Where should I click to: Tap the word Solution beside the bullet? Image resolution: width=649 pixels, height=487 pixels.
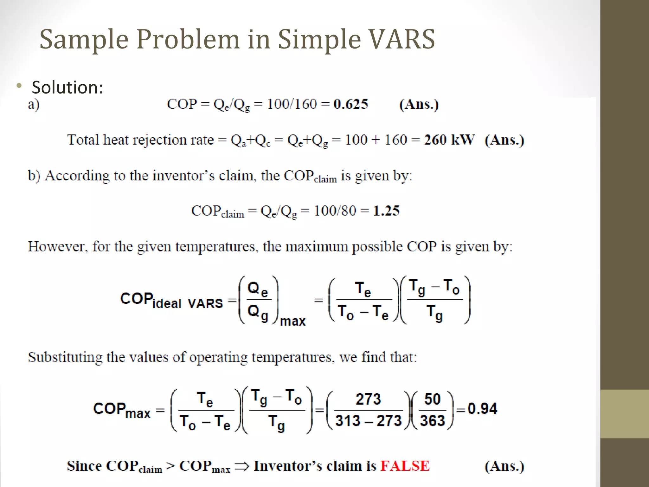[67, 88]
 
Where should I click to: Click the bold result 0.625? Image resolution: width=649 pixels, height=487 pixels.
[351, 104]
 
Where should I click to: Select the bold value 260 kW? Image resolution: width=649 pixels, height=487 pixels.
[449, 140]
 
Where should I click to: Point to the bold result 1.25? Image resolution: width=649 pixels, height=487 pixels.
[386, 211]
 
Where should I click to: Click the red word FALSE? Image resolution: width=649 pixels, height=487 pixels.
[405, 466]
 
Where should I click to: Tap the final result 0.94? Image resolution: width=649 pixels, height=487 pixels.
[482, 409]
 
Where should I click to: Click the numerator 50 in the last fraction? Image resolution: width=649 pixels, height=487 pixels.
[432, 399]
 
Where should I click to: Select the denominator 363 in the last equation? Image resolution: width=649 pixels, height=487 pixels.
[432, 421]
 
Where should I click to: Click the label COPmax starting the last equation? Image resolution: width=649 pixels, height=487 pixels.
[122, 410]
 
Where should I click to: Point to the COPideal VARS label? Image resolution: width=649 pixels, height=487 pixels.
[171, 300]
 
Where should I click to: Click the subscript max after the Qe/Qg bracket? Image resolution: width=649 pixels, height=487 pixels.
[292, 321]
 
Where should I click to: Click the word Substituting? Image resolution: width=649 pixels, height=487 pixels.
[65, 357]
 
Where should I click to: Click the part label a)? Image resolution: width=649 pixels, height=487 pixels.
[34, 105]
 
